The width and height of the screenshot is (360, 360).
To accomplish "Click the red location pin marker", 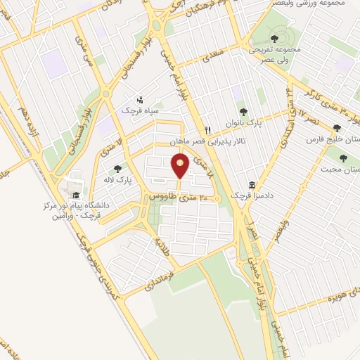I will coord(180,167).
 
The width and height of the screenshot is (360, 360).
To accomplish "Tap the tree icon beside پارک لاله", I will coord(117,168).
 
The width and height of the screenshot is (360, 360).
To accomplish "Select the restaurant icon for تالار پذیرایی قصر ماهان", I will coord(207,130).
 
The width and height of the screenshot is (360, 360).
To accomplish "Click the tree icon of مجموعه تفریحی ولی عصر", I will coord(275,39).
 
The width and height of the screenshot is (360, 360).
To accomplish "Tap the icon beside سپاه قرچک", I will coord(140,99).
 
